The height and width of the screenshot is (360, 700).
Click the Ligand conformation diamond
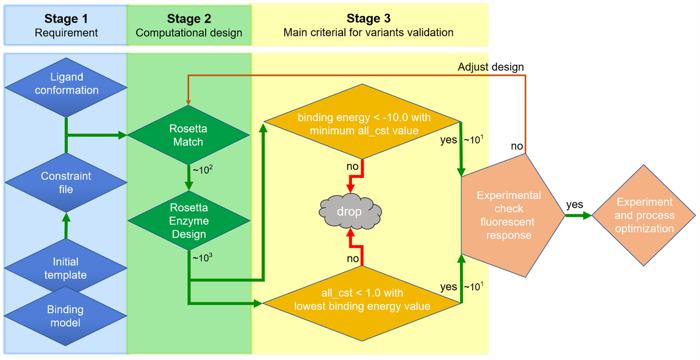coord(66,83)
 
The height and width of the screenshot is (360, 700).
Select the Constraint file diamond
coord(66,182)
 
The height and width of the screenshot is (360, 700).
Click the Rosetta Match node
coord(189,135)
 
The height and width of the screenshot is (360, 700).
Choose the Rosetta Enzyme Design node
coord(189,221)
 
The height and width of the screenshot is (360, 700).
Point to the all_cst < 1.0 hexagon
coord(362,300)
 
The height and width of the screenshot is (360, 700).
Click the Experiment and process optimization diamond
coord(644,215)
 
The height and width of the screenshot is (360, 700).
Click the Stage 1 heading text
coord(66,19)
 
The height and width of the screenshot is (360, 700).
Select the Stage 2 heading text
coord(189,19)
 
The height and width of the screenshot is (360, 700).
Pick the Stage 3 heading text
coord(368,19)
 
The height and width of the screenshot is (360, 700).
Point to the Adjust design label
coord(490,67)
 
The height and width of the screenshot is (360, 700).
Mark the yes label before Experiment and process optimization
coord(574,205)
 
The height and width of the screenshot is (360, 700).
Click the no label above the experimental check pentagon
coord(517,146)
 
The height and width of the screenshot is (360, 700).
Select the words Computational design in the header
coord(189,33)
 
